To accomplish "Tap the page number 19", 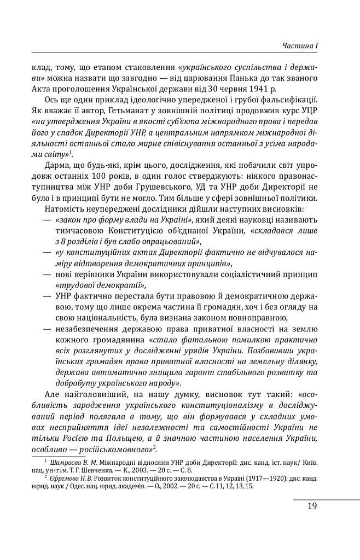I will point(312,506).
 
